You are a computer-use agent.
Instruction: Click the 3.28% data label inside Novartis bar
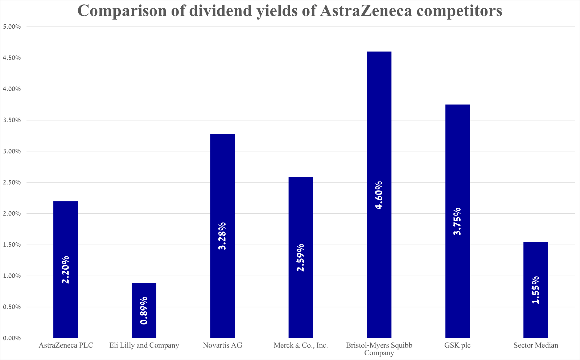tap(222, 236)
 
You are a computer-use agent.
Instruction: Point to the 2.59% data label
tap(300, 258)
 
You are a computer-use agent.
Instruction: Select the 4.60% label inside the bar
tap(379, 195)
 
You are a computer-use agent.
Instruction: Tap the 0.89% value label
tap(144, 311)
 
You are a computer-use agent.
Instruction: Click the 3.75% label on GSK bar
tap(457, 221)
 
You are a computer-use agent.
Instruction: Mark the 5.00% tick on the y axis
tap(11, 27)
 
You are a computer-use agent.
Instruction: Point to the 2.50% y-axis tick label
tap(11, 183)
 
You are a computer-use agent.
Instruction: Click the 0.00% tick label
tap(11, 338)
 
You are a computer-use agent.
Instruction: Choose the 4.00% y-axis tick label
tap(11, 89)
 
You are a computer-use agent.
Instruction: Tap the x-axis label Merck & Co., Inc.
tap(301, 345)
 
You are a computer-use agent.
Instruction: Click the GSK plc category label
tap(457, 345)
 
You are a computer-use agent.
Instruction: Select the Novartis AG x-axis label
tap(222, 345)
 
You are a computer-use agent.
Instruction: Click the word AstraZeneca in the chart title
tap(366, 11)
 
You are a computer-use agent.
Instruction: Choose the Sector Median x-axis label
tap(536, 345)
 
